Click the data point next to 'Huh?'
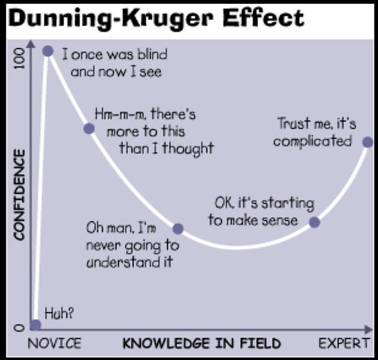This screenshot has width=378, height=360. point(35,324)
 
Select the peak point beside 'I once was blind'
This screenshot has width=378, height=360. point(48,51)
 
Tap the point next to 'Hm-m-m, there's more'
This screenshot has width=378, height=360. point(89,128)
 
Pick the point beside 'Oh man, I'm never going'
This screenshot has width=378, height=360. point(178,229)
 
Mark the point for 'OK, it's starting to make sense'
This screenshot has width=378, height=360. point(315,222)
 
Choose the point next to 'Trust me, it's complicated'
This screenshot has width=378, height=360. point(368,142)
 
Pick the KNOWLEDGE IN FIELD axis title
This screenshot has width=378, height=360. point(201,343)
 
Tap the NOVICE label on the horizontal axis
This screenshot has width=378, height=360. point(55,343)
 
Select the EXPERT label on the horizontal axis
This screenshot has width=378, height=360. point(343,343)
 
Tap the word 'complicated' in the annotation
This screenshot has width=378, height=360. point(312,142)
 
